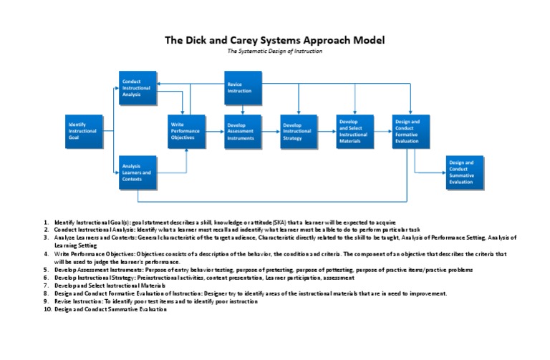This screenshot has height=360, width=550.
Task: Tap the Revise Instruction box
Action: pyautogui.click(x=244, y=89)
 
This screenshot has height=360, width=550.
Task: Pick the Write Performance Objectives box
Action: pyautogui.click(x=186, y=132)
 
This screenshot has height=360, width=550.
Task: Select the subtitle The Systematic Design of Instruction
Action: pyautogui.click(x=275, y=52)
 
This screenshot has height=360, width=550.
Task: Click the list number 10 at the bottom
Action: pyautogui.click(x=47, y=308)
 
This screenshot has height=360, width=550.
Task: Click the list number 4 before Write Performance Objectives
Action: pyautogui.click(x=47, y=254)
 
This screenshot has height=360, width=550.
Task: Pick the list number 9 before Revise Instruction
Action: pyautogui.click(x=47, y=301)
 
